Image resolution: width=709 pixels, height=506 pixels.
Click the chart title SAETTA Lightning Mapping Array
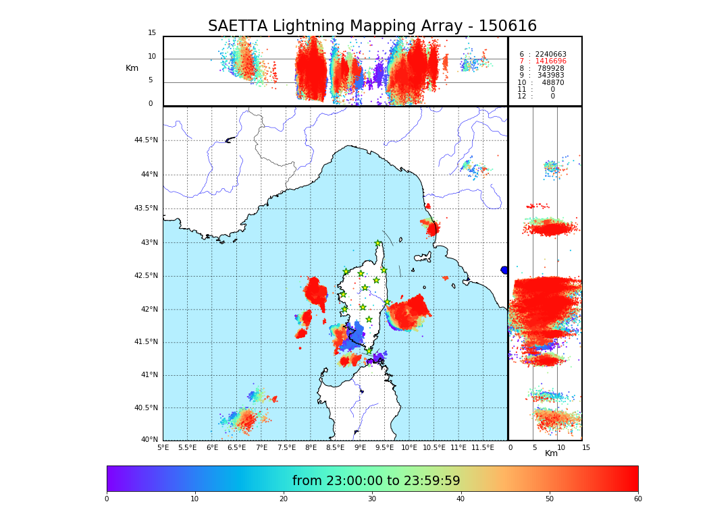(x=372, y=26)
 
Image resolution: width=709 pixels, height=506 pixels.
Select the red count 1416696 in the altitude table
(x=550, y=61)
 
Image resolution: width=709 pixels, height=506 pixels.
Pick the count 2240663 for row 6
(x=550, y=54)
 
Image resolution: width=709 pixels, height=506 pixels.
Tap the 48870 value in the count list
(x=553, y=82)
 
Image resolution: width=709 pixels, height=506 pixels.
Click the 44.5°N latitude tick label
(x=146, y=140)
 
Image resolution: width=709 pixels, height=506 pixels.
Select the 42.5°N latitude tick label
(x=146, y=275)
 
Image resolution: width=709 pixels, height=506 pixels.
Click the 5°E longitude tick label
(x=163, y=447)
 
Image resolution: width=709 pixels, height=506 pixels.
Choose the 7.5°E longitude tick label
(x=286, y=447)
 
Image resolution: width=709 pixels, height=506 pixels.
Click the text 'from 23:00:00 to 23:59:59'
(x=376, y=481)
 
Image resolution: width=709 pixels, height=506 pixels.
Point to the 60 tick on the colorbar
(x=637, y=499)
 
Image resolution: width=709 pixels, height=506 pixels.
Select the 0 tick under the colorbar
(x=107, y=499)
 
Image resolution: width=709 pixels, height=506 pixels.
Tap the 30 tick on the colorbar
(x=372, y=499)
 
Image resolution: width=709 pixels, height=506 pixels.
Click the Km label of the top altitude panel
(x=132, y=68)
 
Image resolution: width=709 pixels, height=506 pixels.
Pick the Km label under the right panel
(x=551, y=453)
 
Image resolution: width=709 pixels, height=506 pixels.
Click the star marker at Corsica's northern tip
(x=378, y=244)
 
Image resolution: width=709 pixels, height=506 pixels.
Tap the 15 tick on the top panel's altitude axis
(x=152, y=33)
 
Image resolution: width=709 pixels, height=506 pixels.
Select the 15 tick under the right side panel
(x=586, y=447)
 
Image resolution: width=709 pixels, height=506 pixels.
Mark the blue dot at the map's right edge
(x=504, y=270)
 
